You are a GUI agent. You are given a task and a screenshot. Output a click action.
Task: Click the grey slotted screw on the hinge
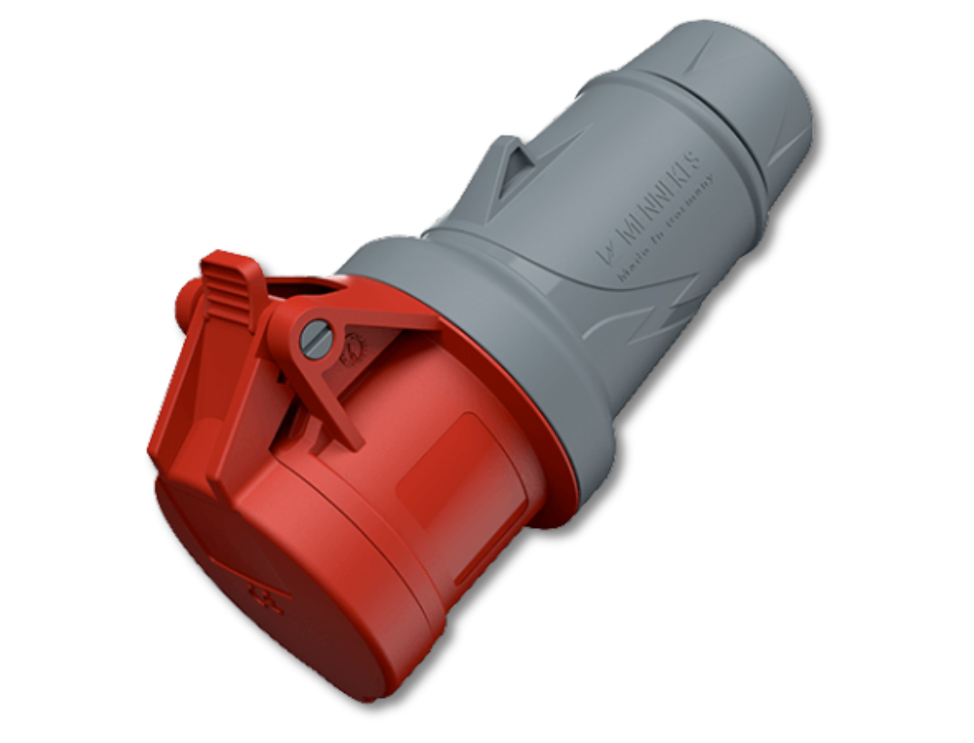click(x=316, y=339)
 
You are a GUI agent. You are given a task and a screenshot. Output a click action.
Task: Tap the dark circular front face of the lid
click(x=266, y=595)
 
